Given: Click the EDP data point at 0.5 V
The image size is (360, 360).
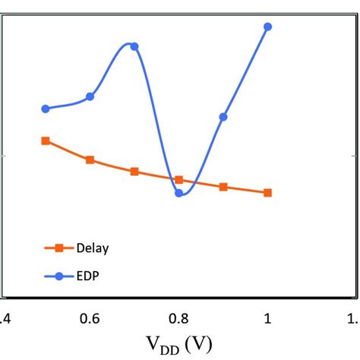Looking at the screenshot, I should point(46,109).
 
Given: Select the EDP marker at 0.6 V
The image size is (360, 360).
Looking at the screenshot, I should point(90,96).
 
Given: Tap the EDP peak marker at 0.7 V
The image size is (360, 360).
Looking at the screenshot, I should point(134,46).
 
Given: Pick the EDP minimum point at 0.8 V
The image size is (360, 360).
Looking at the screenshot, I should point(179,193).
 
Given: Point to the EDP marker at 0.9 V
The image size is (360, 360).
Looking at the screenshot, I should point(223,117).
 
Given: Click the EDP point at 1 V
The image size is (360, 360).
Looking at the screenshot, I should point(267,27).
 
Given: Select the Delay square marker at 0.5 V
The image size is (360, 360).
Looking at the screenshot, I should point(46,141).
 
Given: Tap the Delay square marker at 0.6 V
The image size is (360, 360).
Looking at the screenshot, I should point(90,160).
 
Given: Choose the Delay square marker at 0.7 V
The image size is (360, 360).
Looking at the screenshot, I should point(134,172).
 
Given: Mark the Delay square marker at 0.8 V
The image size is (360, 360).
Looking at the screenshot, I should point(179,180).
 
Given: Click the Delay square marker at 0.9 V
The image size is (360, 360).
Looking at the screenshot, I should point(223,187).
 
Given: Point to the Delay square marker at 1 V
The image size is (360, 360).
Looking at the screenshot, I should point(267,193).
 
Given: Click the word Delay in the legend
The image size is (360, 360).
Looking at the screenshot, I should point(92,248).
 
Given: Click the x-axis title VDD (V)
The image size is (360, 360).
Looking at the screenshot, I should point(179,343).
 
